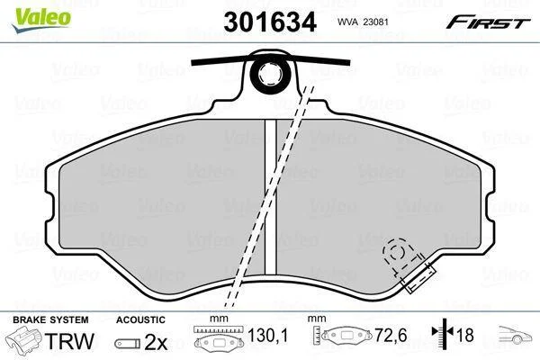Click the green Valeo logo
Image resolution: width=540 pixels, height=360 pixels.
(x=41, y=19)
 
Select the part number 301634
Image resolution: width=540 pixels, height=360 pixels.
(x=270, y=22)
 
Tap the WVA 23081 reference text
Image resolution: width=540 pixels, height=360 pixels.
(x=363, y=22)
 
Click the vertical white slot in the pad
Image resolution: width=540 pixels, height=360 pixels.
(x=270, y=196)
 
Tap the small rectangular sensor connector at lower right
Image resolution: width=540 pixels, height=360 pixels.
(x=418, y=279)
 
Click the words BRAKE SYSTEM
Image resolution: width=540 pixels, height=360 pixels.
(x=50, y=319)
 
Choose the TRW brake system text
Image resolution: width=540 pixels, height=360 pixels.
(x=69, y=341)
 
